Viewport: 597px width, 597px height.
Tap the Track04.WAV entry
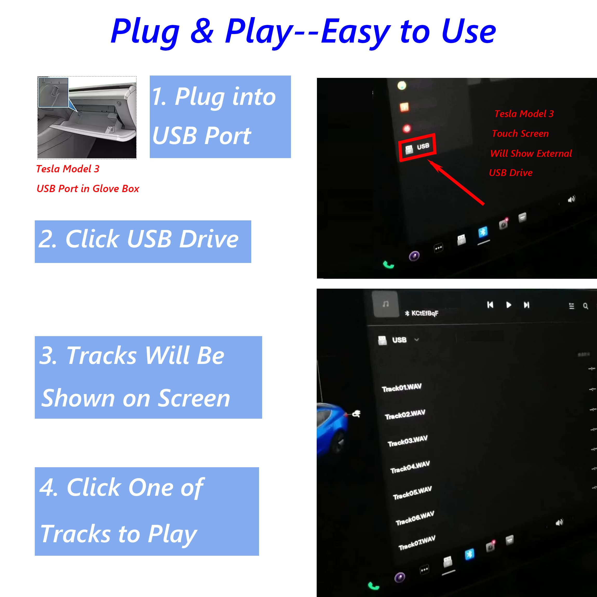[410, 467]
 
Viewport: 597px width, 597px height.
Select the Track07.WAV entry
[417, 543]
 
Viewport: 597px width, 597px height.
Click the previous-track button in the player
[490, 305]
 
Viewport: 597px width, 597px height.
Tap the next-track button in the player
[527, 305]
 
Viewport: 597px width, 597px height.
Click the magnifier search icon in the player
[585, 306]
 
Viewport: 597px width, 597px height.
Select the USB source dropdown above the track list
[399, 340]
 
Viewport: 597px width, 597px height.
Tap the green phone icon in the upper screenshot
[388, 265]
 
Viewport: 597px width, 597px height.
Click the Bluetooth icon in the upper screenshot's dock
[483, 232]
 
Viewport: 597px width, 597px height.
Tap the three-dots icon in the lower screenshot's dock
[424, 569]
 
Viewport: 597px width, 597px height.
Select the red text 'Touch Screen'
[520, 133]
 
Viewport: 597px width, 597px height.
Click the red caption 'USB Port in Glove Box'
[88, 188]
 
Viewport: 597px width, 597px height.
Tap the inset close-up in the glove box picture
[53, 92]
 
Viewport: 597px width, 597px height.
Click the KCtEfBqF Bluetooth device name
[424, 313]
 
